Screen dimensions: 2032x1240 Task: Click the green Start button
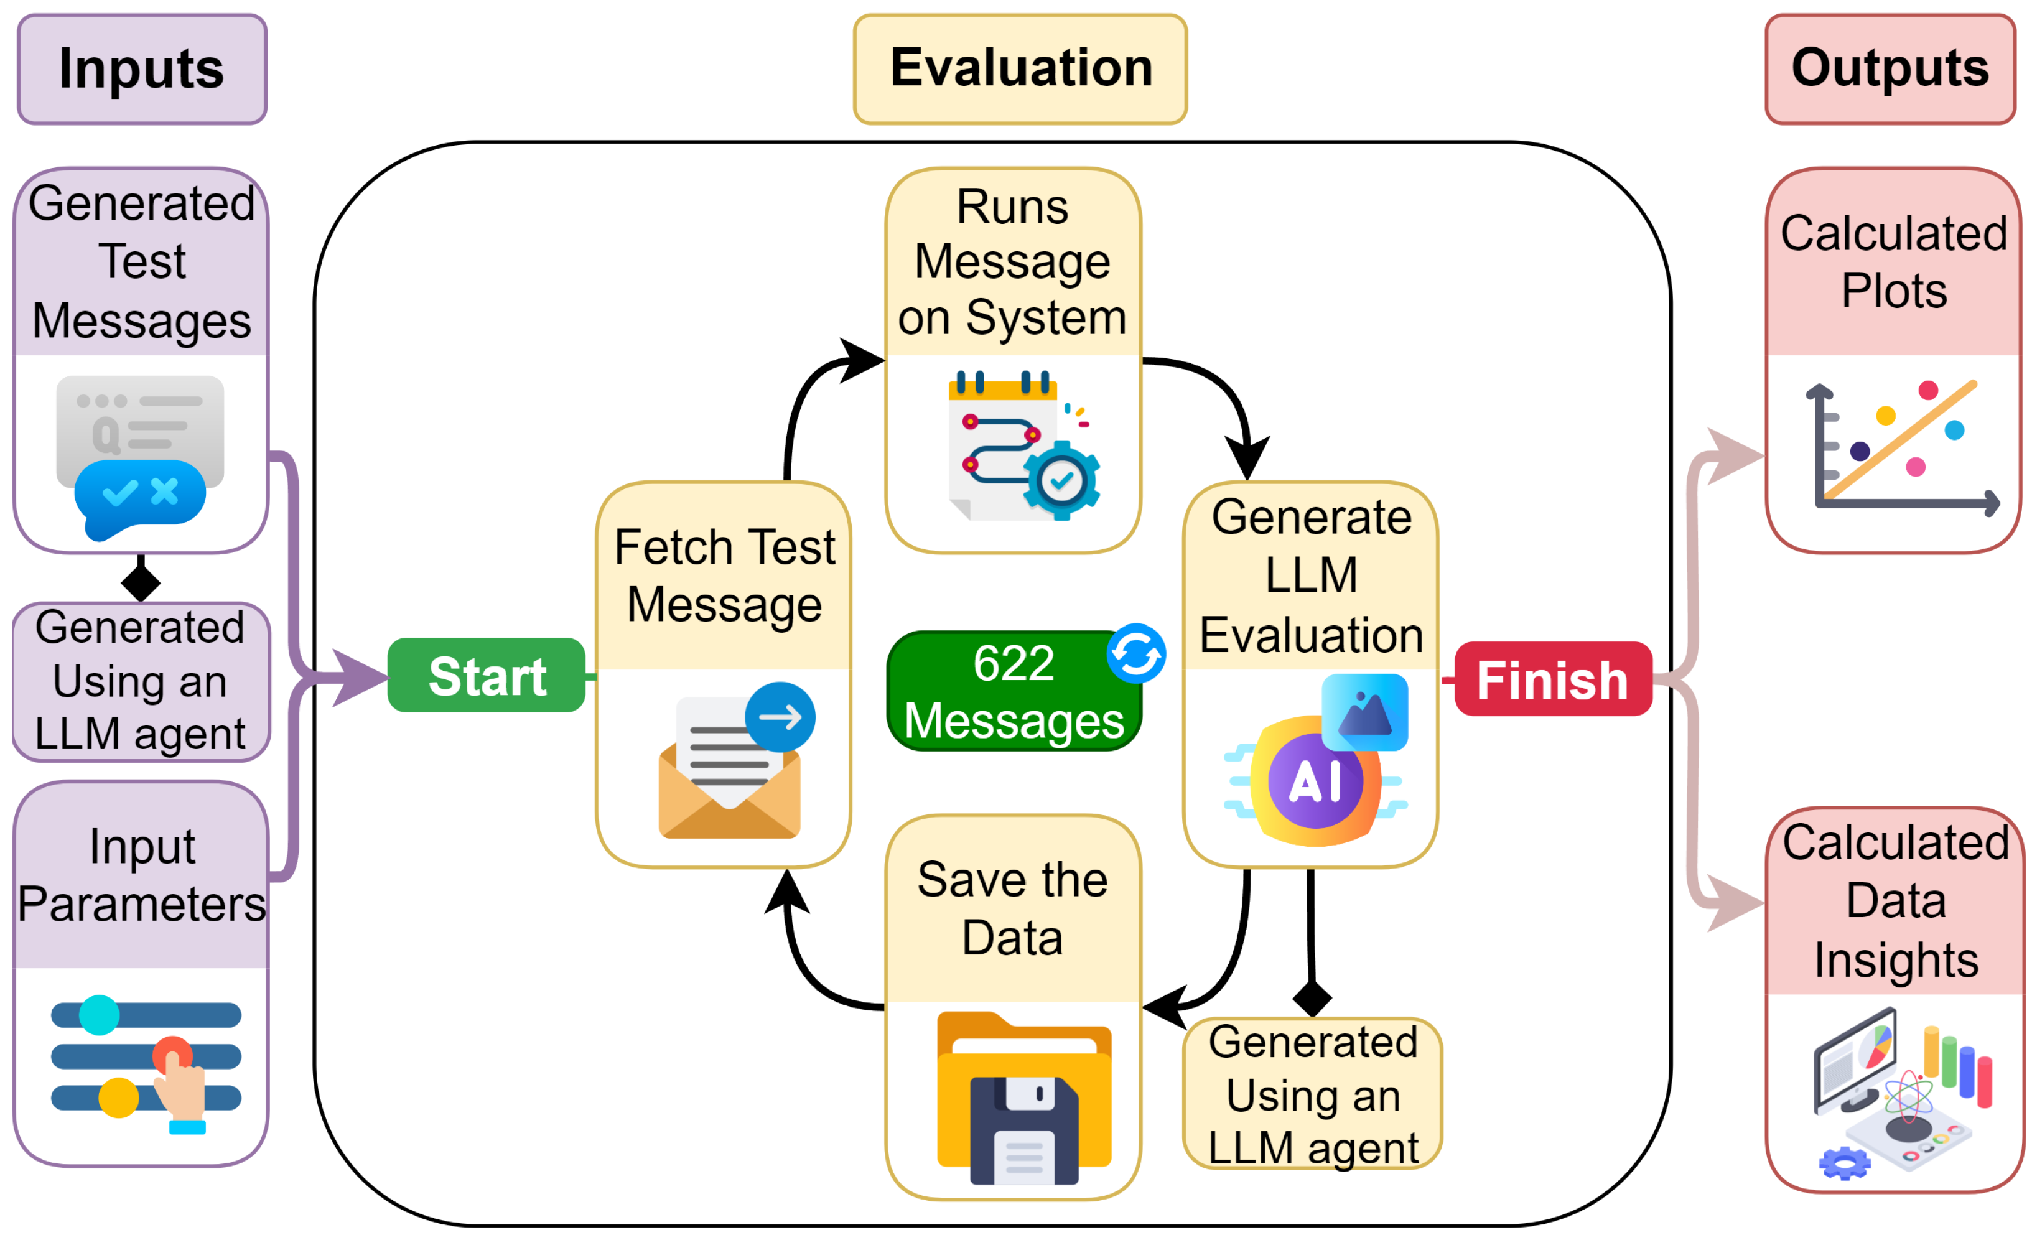487,675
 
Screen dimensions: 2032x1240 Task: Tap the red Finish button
1554,679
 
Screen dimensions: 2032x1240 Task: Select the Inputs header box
142,69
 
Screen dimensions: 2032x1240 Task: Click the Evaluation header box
1020,69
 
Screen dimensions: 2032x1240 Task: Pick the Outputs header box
1890,69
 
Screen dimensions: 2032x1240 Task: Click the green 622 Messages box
1014,691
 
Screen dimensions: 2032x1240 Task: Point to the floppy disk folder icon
1024,1098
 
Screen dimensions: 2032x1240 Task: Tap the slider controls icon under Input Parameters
146,1065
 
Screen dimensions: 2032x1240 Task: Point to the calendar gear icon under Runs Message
1023,446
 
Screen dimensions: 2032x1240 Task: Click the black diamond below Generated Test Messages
141,583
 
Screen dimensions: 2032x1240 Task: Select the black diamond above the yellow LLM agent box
1312,999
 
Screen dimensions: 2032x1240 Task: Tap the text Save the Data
1013,908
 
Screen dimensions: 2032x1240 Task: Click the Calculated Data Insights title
1896,901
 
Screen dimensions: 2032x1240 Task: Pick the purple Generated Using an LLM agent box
141,681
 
